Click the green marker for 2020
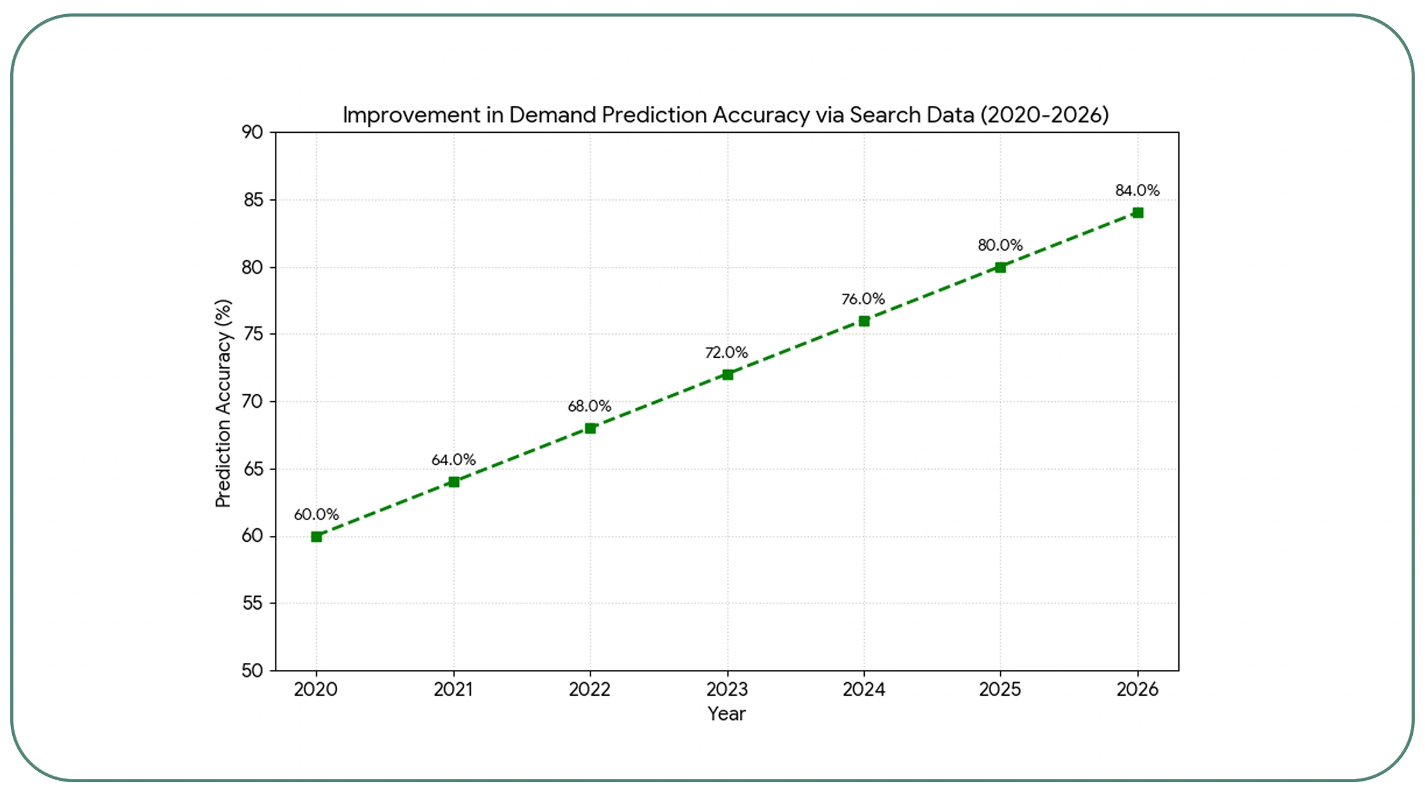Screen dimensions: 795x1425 click(x=316, y=537)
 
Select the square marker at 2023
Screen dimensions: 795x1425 click(x=728, y=374)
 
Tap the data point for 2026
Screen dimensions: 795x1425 click(x=1138, y=213)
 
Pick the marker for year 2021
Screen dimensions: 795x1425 click(x=454, y=482)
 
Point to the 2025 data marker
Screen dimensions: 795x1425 click(x=1001, y=267)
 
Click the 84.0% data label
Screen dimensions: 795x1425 click(x=1137, y=190)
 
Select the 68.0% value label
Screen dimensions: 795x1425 click(x=589, y=406)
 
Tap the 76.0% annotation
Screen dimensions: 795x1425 click(x=863, y=299)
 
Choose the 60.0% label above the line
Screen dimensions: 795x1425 click(x=316, y=514)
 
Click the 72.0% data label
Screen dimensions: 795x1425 click(x=726, y=353)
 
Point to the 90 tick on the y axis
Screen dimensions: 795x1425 click(x=253, y=132)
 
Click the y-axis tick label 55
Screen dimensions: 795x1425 click(x=253, y=603)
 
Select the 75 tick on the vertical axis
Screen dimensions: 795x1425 click(x=253, y=334)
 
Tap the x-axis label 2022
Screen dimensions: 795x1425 click(x=590, y=689)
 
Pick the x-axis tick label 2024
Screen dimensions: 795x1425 click(x=863, y=689)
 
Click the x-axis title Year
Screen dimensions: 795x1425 click(x=726, y=714)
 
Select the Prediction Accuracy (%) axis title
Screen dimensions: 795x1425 click(x=222, y=403)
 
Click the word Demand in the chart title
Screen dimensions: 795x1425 click(x=553, y=115)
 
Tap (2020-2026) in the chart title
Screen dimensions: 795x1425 click(x=1044, y=115)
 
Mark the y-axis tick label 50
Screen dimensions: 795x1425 click(x=253, y=671)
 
